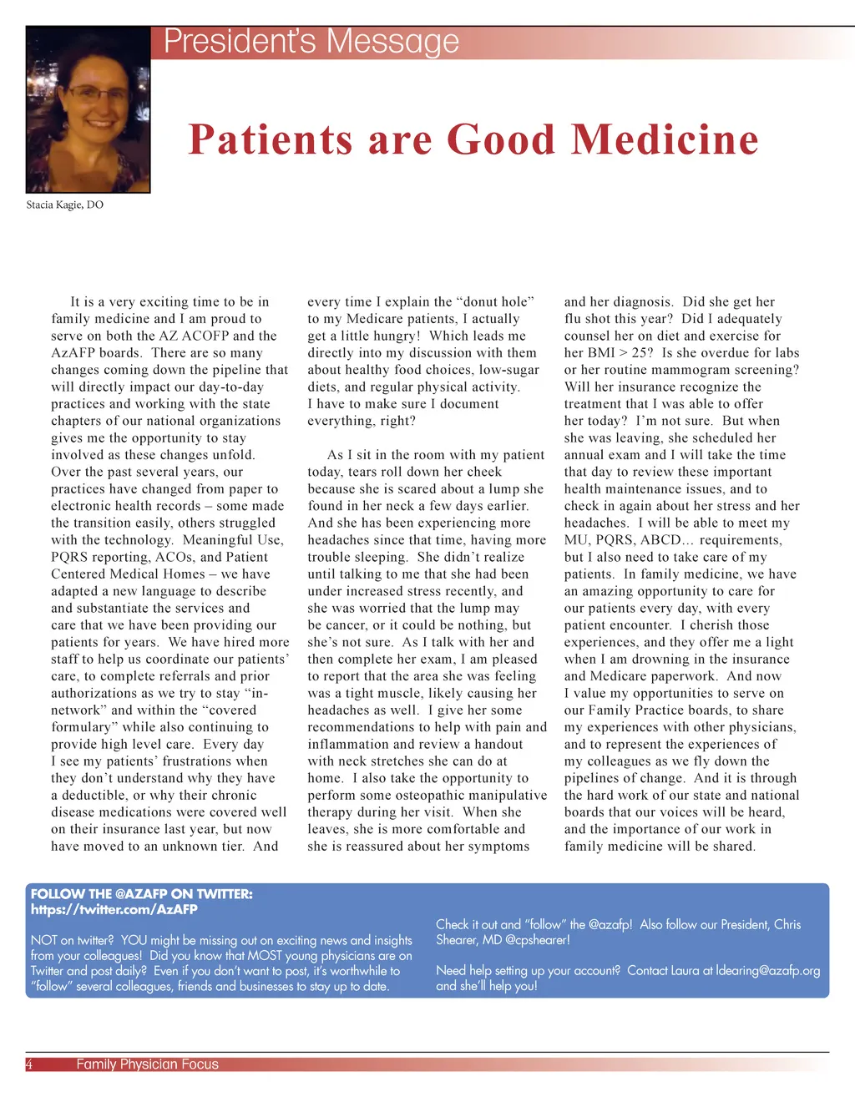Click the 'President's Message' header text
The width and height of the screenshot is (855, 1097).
point(311,42)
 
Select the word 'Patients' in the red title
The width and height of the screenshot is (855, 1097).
point(268,139)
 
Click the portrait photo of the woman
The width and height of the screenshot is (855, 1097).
point(88,109)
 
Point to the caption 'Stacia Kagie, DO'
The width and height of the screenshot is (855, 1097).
point(65,205)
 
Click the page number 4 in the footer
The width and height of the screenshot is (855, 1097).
point(29,1064)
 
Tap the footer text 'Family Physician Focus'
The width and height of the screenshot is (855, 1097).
point(147,1064)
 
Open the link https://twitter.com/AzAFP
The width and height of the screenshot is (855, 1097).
point(114,909)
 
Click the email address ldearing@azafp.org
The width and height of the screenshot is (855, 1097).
point(768,970)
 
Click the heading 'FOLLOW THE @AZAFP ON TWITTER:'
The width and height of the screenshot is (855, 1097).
point(141,894)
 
